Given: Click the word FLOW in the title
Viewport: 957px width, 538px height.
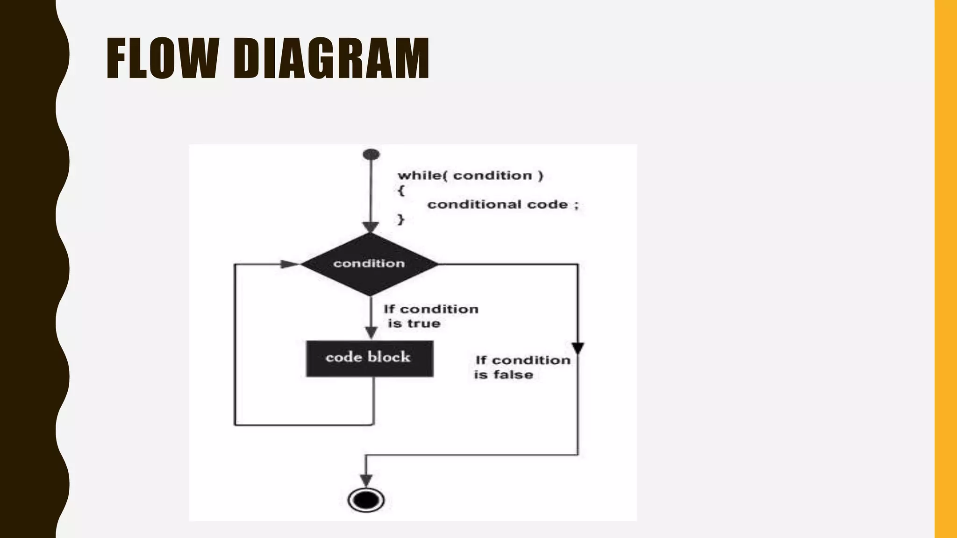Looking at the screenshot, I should coord(161,58).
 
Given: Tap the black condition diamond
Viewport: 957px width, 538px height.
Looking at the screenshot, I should coord(369,264).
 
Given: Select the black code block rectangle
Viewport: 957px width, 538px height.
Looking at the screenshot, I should coord(369,358).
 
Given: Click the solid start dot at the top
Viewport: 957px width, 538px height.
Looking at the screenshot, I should coord(371,154).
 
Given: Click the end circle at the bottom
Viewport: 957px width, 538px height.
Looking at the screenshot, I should coord(366,500).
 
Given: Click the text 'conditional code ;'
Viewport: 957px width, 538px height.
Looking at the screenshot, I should coord(503,205).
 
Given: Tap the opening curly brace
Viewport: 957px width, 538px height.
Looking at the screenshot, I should coord(401,190).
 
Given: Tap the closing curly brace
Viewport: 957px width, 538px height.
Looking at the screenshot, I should coord(400,219).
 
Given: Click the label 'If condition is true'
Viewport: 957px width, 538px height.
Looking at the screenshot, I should coord(430,316).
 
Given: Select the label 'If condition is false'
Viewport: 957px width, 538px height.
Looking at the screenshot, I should coord(521,367).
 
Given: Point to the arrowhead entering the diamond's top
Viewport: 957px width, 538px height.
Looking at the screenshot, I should coord(371,227).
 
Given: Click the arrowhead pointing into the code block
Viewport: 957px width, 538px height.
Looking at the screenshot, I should coord(371,333).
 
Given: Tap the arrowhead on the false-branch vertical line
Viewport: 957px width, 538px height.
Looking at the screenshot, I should coord(578,348).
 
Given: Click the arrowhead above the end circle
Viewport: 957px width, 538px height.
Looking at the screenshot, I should coord(366,480).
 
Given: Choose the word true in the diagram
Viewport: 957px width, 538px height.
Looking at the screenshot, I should coord(423,324).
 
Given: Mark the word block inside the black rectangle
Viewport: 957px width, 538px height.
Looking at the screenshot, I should coord(389,357).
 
